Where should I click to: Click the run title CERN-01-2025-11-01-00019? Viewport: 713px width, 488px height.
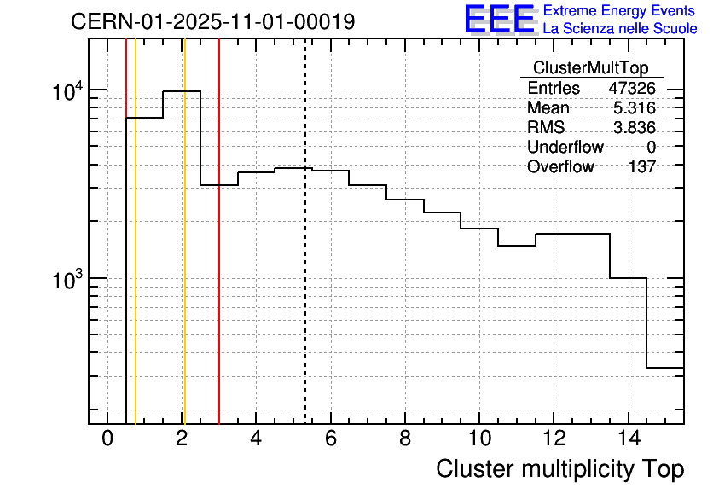(x=213, y=21)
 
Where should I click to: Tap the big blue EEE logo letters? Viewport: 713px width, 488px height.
(x=500, y=19)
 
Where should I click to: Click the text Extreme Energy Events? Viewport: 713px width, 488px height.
(x=620, y=11)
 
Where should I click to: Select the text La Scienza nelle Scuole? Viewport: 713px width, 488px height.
(x=620, y=29)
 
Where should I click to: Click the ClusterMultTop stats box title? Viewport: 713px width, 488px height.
(x=590, y=68)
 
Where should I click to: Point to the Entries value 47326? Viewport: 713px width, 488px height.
(x=632, y=89)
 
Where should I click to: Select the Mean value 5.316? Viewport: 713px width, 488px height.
(x=635, y=108)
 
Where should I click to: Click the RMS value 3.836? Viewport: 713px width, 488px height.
(x=635, y=128)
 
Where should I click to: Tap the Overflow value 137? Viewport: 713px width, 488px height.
(x=641, y=167)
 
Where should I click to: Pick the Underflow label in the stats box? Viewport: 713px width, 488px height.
(x=565, y=148)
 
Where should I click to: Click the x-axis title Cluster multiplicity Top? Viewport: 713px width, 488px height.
(x=559, y=469)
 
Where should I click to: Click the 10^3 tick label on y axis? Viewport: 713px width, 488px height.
(x=67, y=280)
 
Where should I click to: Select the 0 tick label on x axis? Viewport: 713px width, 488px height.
(x=107, y=439)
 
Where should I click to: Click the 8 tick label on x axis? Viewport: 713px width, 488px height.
(x=405, y=439)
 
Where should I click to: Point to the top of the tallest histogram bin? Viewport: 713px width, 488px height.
(x=182, y=91)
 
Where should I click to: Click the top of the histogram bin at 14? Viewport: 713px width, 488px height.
(x=629, y=278)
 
